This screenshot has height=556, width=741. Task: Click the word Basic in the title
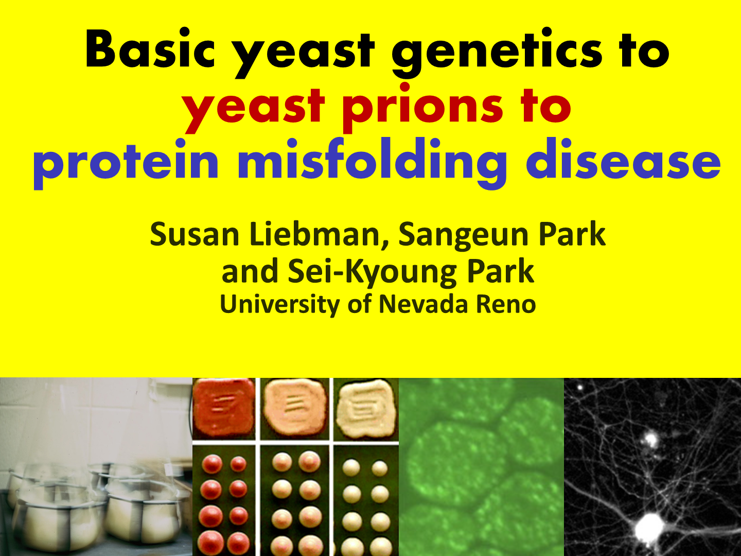point(150,49)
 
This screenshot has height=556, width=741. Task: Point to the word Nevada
point(424,304)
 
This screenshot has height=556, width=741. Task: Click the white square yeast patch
point(366,407)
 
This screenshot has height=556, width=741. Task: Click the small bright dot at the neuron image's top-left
point(580,388)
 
